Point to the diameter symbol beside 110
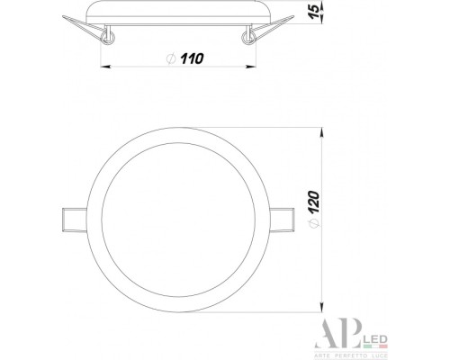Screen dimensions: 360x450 171,58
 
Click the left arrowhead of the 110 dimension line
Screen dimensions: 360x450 102,66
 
